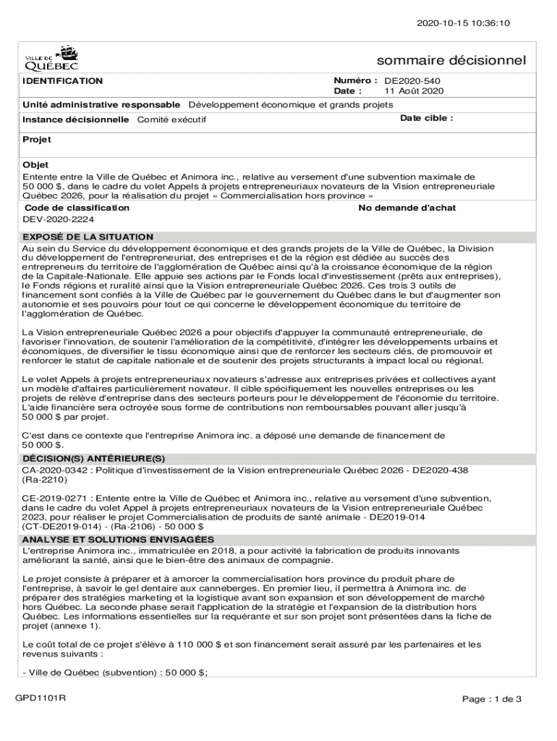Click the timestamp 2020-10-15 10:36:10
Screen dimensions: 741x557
pos(463,23)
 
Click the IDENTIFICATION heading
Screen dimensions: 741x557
pos(62,81)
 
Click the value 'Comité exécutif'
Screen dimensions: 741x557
pos(171,119)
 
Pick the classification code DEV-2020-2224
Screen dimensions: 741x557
pos(59,219)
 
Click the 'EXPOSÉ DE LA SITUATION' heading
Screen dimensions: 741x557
pos(88,237)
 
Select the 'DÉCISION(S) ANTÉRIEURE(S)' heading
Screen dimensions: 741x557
pos(94,459)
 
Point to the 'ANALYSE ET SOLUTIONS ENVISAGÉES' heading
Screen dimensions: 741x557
pos(118,540)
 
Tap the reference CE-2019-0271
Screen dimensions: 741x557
pos(56,498)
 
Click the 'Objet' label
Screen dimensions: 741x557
pos(35,165)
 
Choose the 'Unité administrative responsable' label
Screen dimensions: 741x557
pos(101,104)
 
